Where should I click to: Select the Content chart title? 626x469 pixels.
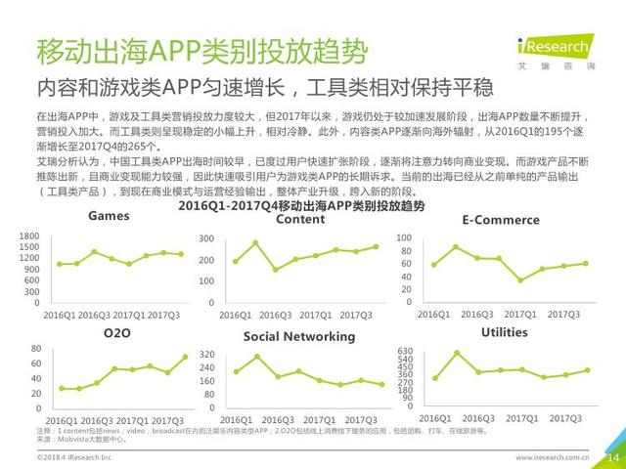click(300, 220)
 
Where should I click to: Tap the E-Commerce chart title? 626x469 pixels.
click(501, 220)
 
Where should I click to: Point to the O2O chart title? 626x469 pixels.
click(116, 334)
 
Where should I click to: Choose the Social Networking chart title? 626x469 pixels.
click(299, 335)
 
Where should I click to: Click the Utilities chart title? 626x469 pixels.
click(504, 333)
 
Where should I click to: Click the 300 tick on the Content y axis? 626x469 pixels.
click(206, 239)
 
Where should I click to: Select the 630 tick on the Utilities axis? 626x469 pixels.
click(405, 351)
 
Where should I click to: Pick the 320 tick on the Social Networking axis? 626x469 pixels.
click(206, 355)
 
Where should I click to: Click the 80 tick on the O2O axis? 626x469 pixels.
click(34, 349)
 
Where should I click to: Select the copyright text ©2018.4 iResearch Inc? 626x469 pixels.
click(74, 456)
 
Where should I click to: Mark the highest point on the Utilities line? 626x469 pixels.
click(456, 353)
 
